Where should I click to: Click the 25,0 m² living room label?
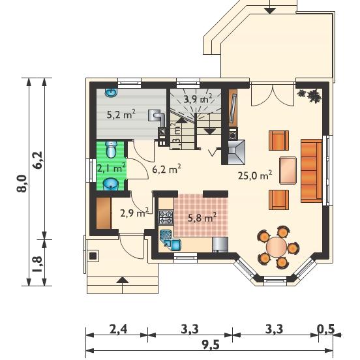pos(255,175)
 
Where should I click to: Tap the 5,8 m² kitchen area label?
pos(202,217)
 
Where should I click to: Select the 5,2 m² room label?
pos(121,114)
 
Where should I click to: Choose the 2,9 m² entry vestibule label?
pos(134,213)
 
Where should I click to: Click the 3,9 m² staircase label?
pos(198,98)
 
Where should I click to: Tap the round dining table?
pos(277,247)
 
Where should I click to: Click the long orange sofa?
pos(311,171)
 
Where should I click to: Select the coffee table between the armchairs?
pos(288,170)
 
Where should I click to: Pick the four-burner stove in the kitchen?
pos(166,217)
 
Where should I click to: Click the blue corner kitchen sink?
pos(170,240)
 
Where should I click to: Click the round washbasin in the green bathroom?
pos(110,184)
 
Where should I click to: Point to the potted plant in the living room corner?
pos(310,95)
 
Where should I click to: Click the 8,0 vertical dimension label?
pos(22,183)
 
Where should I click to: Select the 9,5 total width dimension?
pos(210,345)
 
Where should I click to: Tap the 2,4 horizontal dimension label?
pos(118,329)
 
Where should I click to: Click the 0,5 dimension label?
pos(326,329)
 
